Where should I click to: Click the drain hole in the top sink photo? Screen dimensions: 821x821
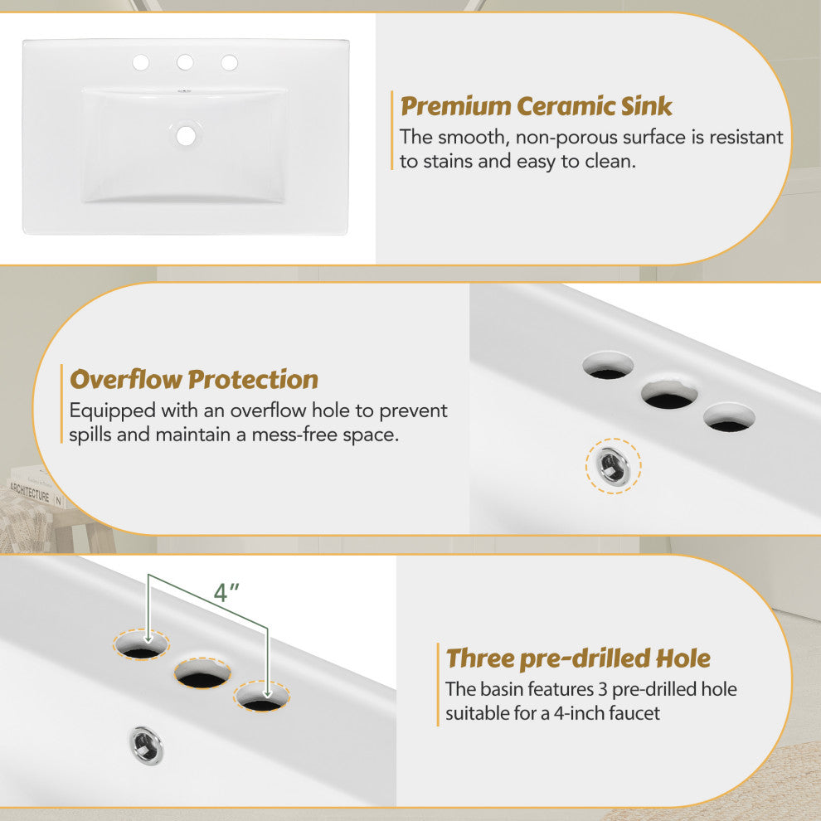[x=186, y=136]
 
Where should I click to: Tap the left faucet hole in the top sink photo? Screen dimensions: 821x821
[x=141, y=63]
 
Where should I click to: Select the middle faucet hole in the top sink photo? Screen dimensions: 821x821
[x=185, y=62]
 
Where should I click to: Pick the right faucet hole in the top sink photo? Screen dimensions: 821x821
[x=230, y=63]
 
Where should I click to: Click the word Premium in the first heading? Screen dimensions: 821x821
[x=455, y=107]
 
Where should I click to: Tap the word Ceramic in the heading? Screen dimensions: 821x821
[x=565, y=106]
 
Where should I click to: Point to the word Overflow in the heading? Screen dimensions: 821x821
[x=126, y=379]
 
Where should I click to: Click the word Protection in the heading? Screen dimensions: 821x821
[x=253, y=379]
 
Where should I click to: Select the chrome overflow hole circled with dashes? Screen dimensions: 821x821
[x=613, y=466]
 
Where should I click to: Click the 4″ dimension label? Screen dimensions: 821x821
[x=226, y=592]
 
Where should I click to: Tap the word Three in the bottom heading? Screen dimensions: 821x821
[x=479, y=658]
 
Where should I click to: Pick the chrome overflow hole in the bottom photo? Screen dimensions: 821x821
[x=146, y=746]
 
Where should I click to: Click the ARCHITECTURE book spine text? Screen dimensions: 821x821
[x=31, y=492]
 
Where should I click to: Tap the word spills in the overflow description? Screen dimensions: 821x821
[x=90, y=435]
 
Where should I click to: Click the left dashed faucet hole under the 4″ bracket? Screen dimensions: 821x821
[x=141, y=645]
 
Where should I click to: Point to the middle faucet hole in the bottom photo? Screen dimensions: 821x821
[x=202, y=673]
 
